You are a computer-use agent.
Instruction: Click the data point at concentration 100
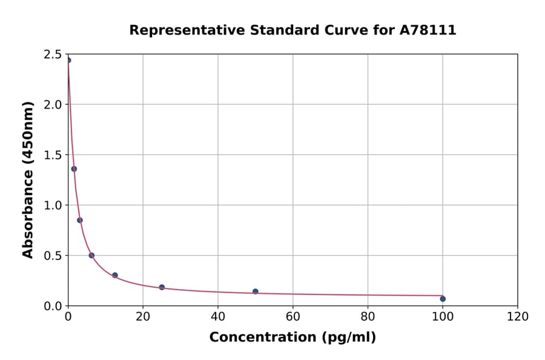[443, 299]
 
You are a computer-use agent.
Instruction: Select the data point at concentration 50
[256, 292]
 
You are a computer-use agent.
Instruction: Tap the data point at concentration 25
[162, 287]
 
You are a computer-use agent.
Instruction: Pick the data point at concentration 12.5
[115, 275]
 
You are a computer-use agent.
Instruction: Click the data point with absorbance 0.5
[91, 255]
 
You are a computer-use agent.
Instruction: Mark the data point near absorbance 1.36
[74, 169]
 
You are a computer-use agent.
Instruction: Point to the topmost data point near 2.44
[68, 60]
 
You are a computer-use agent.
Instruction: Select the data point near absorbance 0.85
[80, 220]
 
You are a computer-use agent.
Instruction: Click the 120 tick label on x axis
[517, 317]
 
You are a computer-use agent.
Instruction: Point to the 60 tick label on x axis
[292, 317]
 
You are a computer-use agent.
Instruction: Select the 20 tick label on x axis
[143, 317]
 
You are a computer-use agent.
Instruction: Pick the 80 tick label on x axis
[368, 317]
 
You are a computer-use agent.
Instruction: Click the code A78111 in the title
[428, 30]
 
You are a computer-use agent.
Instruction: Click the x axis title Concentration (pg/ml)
[292, 338]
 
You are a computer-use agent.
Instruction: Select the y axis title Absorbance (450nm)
[28, 179]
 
